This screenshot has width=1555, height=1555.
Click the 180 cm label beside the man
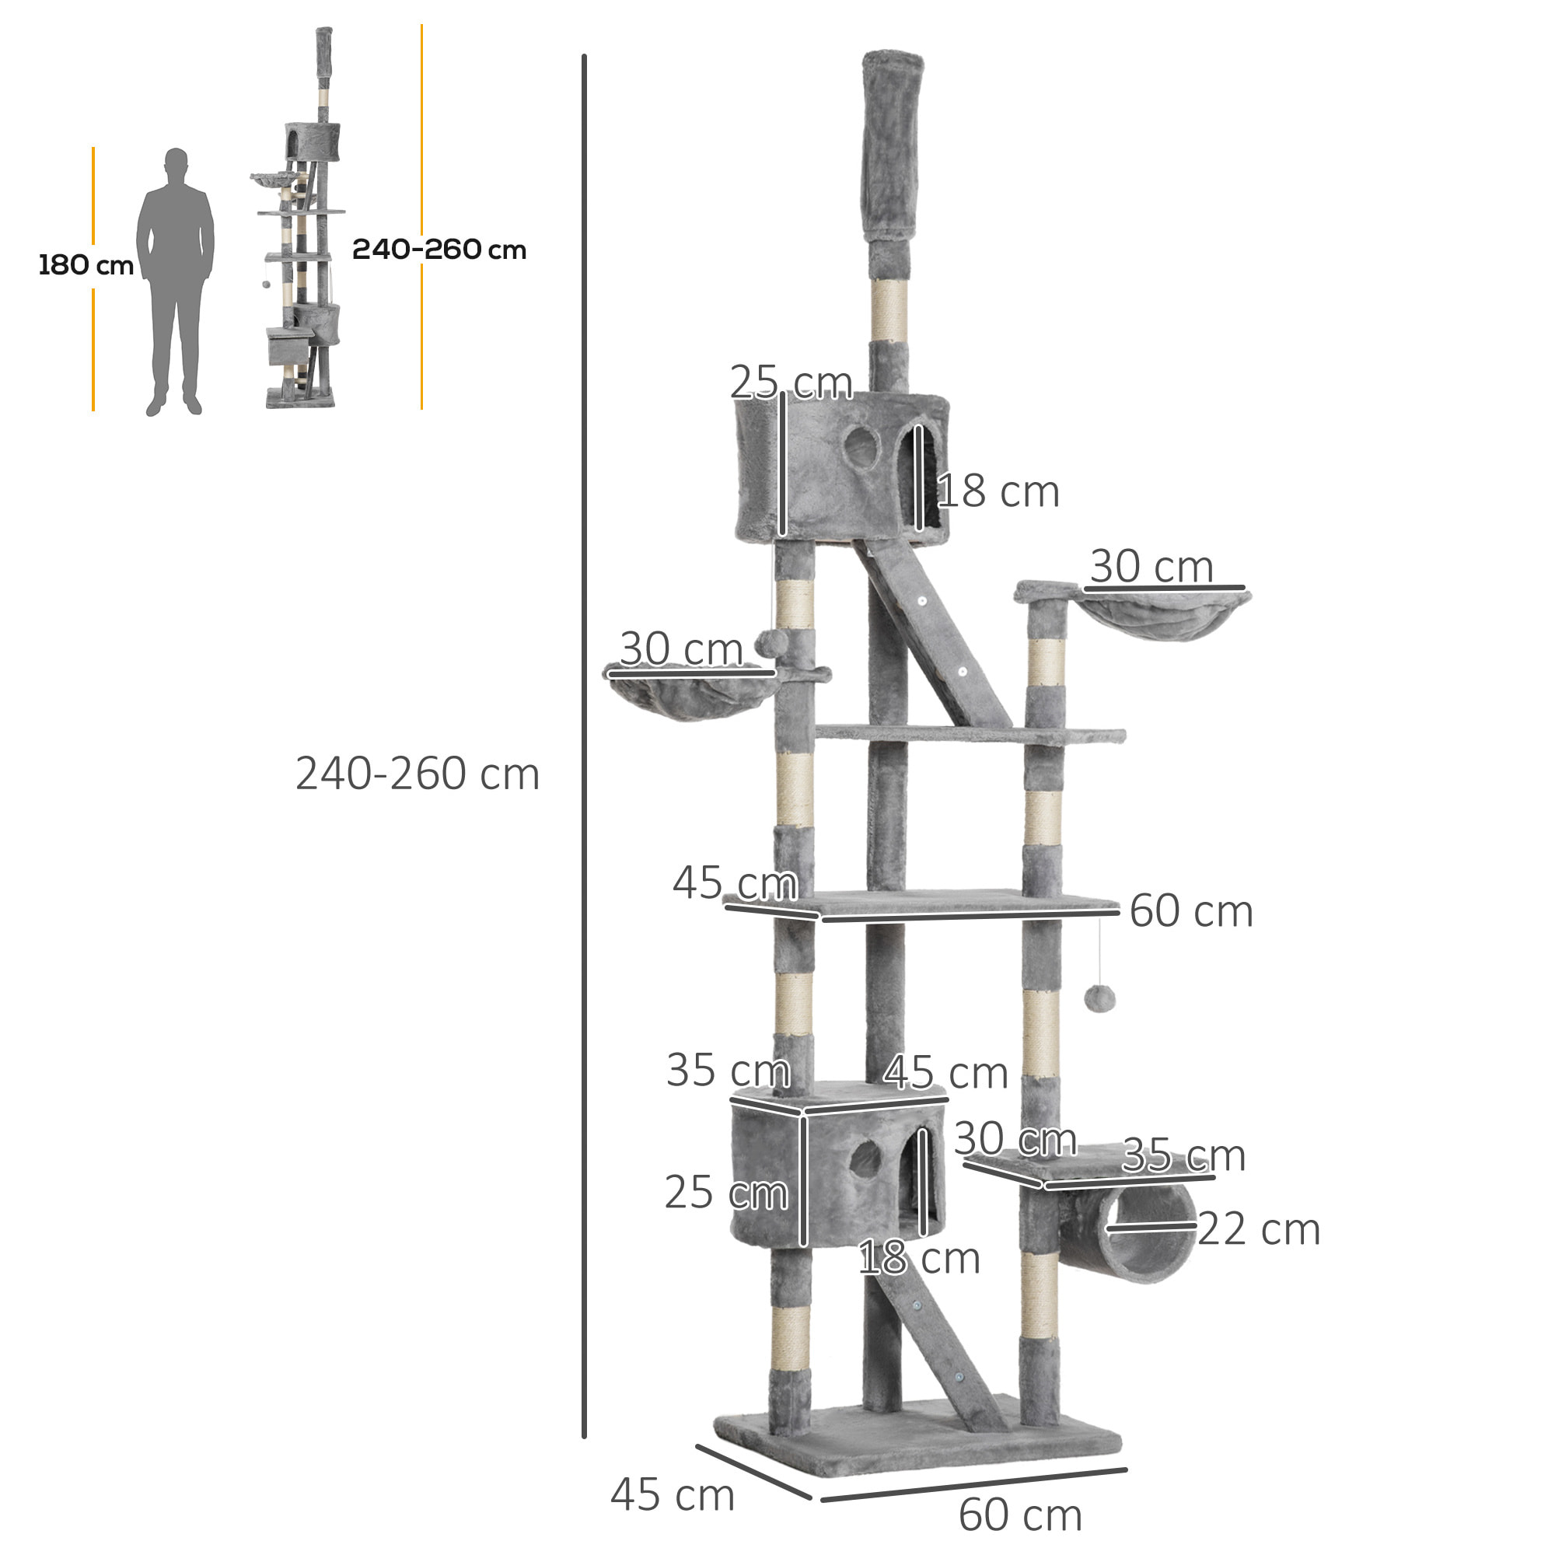click(86, 265)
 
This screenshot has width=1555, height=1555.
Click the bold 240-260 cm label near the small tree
click(439, 250)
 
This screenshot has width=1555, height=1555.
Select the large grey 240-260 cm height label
click(417, 774)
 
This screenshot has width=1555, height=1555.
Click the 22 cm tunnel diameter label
click(1259, 1230)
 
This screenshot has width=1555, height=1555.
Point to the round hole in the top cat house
click(861, 448)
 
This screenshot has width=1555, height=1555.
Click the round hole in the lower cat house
click(866, 1159)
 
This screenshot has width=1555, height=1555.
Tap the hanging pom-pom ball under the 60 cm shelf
click(1099, 1000)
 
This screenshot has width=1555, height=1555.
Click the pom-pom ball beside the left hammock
click(771, 644)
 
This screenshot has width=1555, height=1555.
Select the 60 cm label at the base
click(1020, 1515)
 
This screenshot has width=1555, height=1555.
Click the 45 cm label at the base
click(673, 1495)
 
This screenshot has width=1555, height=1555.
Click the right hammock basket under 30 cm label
click(1163, 616)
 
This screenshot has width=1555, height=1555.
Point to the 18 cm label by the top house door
click(998, 492)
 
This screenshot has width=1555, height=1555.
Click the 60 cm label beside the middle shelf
click(1190, 911)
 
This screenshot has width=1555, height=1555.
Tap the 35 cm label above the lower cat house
click(728, 1071)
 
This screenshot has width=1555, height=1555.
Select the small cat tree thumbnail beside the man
click(302, 233)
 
